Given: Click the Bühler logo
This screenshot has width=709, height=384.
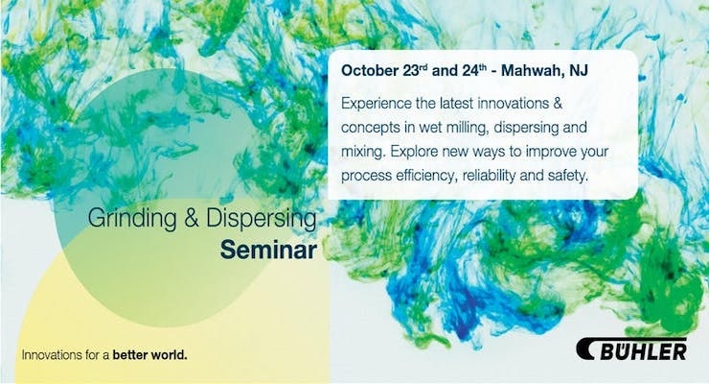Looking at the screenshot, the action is click(x=631, y=349).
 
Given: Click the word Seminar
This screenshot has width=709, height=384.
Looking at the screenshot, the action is click(x=268, y=250).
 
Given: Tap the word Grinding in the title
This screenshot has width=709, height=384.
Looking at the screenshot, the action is click(x=132, y=218).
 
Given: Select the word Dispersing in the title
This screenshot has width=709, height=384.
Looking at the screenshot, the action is click(x=262, y=218).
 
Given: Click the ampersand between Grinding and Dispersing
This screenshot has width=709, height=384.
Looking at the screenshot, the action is click(x=192, y=218).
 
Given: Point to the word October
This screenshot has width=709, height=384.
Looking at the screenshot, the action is click(x=369, y=71).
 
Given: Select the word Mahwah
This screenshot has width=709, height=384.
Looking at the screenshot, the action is click(x=530, y=71).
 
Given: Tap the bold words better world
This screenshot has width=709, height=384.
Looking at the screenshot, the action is click(x=149, y=354).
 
